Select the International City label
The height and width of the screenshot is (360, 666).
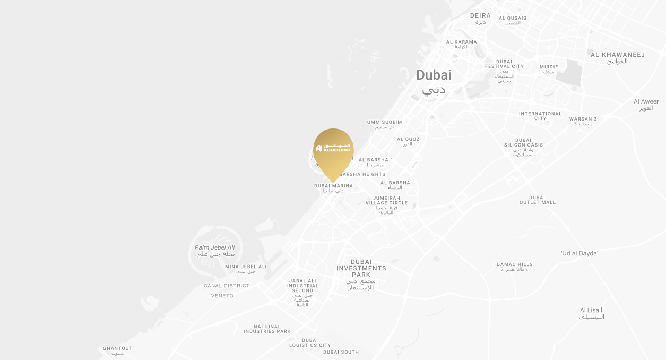coord(540,116)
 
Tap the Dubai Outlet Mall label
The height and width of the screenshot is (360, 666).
coord(538,200)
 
